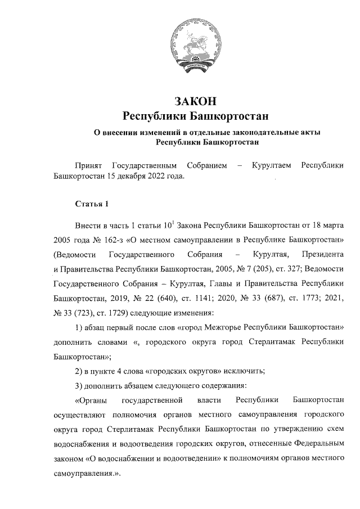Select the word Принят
click(89, 166)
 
